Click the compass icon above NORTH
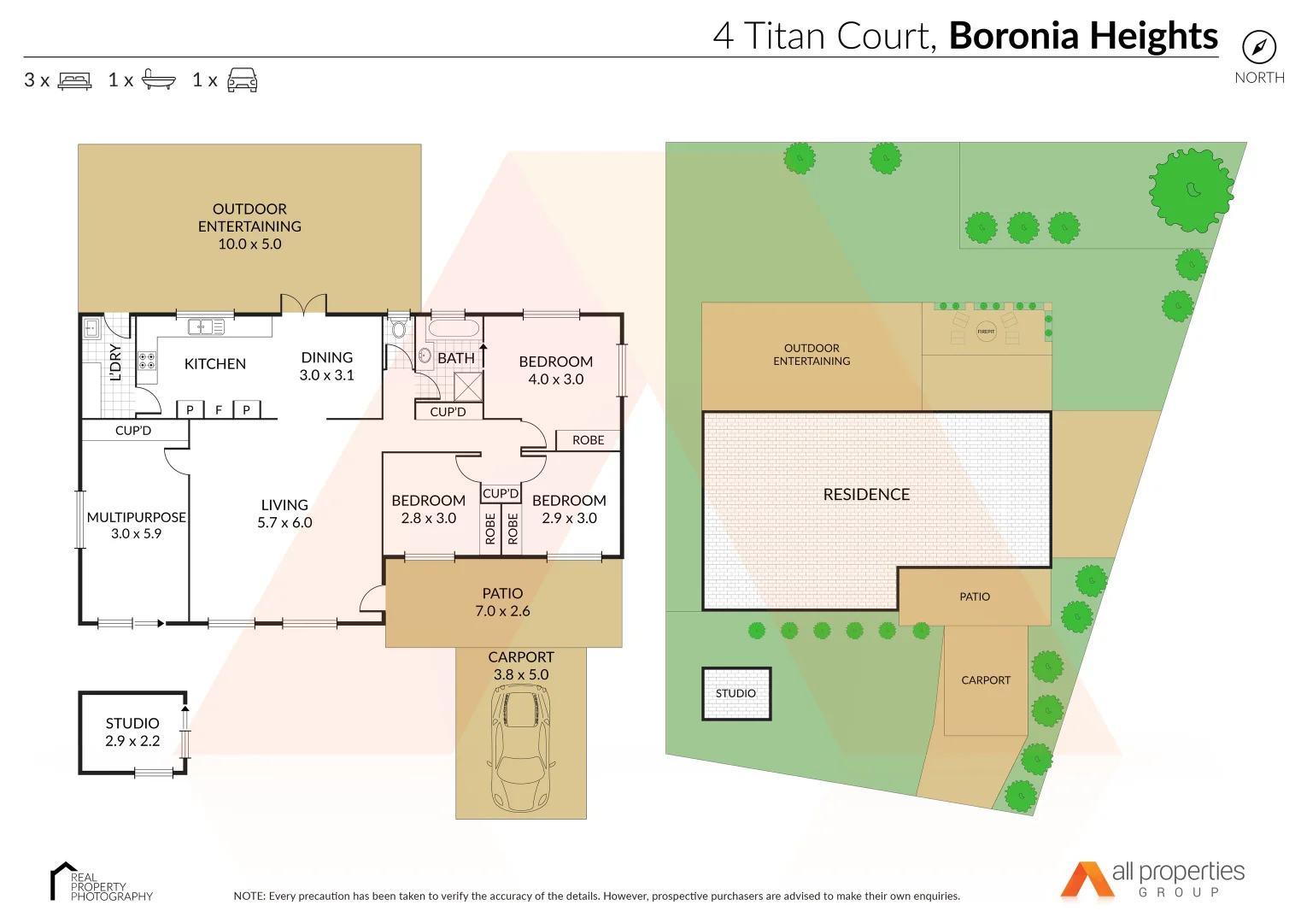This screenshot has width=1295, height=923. coord(1258,47)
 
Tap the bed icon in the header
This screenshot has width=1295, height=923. coord(74,80)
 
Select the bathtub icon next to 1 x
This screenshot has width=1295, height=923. coord(158,79)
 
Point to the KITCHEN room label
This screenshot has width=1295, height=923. coord(215,364)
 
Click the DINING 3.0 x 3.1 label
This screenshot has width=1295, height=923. coord(326,366)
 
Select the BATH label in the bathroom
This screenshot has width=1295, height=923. coord(455,358)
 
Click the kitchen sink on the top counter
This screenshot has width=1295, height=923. coord(206,326)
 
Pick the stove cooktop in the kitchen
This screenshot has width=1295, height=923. coord(147,361)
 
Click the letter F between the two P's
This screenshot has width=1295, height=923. coord(219,410)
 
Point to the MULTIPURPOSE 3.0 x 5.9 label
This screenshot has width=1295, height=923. coord(137,525)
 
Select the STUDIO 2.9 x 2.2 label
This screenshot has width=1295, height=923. coord(132,732)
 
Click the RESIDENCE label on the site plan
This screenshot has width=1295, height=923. coord(866,494)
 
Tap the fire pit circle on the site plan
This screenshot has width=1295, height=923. coord(986,331)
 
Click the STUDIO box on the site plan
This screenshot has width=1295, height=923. coord(736,693)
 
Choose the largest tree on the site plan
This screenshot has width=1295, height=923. coord(1191,190)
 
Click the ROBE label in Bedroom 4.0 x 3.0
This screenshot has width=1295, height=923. coord(588,440)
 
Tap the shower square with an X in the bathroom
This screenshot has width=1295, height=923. coord(468,386)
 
